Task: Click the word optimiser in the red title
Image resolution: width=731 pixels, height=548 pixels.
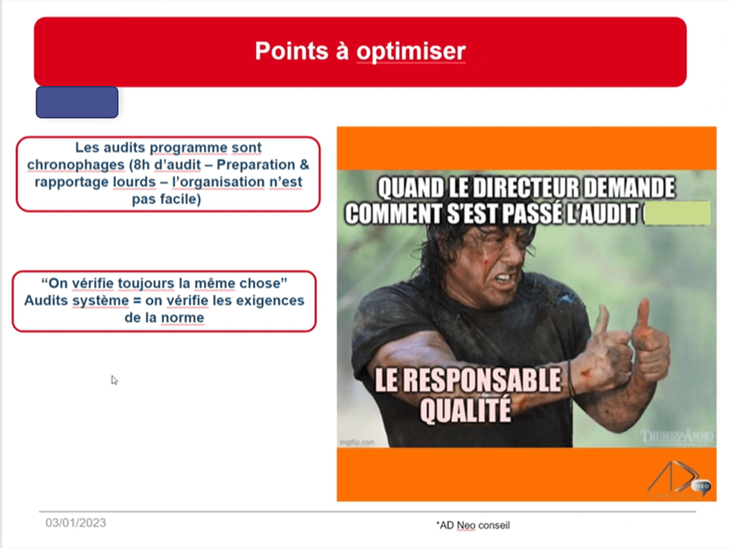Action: click(411, 52)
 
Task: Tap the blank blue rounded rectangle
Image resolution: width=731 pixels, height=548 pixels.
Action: click(77, 102)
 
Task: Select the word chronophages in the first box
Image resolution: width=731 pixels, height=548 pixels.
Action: click(76, 165)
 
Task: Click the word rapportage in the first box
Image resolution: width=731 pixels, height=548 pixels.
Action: click(72, 182)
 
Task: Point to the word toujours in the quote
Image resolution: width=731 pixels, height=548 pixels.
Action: click(146, 283)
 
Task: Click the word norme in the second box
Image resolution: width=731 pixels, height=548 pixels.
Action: click(183, 318)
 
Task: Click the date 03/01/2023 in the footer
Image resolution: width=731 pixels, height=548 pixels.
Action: click(76, 523)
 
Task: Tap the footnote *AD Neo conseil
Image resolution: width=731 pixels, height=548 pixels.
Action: click(473, 525)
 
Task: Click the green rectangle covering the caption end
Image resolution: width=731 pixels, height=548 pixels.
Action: click(677, 213)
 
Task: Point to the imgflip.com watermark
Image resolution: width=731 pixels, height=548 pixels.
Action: click(357, 442)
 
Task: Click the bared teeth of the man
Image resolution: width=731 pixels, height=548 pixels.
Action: click(503, 277)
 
